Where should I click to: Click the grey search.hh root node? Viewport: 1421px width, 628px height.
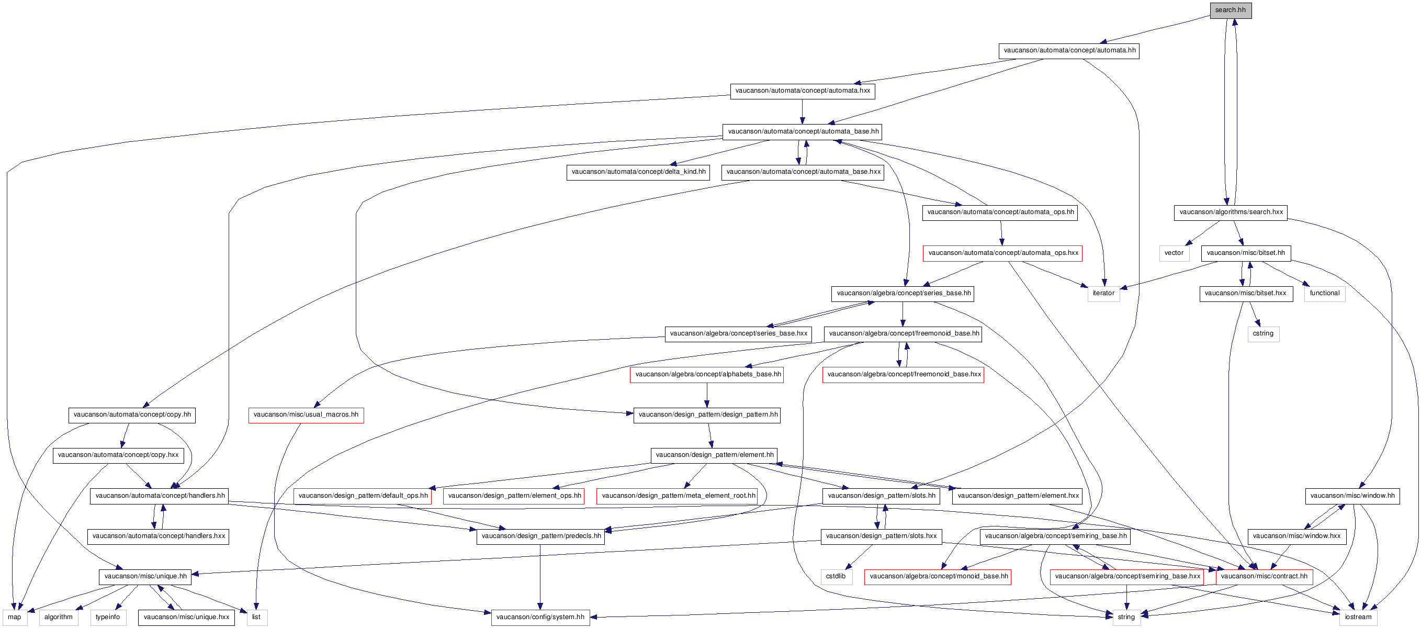pyautogui.click(x=1231, y=10)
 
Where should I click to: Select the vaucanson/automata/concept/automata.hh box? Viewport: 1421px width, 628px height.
pyautogui.click(x=1069, y=51)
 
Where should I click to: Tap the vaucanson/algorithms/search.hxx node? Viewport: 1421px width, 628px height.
pyautogui.click(x=1231, y=212)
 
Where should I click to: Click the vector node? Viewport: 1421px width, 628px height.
pyautogui.click(x=1174, y=253)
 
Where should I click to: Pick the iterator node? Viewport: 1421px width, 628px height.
pyautogui.click(x=1103, y=294)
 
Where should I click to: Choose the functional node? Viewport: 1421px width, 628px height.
pyautogui.click(x=1324, y=294)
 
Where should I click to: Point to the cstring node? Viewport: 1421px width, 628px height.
pyautogui.click(x=1263, y=334)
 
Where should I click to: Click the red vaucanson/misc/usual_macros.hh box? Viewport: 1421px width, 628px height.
pyautogui.click(x=306, y=415)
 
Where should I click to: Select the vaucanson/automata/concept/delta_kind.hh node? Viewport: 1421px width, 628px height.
pyautogui.click(x=638, y=172)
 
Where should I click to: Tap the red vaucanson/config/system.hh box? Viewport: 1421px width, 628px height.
pyautogui.click(x=540, y=618)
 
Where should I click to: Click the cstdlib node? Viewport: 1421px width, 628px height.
pyautogui.click(x=836, y=577)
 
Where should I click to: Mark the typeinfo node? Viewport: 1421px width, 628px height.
pyautogui.click(x=108, y=618)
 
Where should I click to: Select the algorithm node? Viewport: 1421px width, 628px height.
pyautogui.click(x=59, y=618)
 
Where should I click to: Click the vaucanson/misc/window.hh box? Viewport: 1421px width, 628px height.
pyautogui.click(x=1352, y=496)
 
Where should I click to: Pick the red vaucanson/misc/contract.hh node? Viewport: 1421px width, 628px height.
pyautogui.click(x=1265, y=577)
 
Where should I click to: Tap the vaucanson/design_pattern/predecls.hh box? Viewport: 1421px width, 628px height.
pyautogui.click(x=540, y=536)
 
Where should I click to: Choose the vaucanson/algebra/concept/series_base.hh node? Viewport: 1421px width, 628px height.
pyautogui.click(x=903, y=294)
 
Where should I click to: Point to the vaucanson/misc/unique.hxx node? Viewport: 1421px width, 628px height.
pyautogui.click(x=186, y=618)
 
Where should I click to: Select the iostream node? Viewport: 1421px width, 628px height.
pyautogui.click(x=1358, y=618)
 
